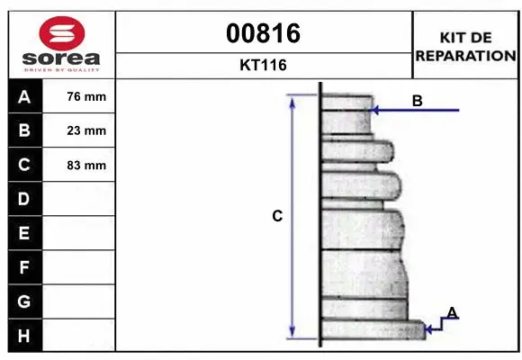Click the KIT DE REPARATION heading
point(464,46)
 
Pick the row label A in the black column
point(23,97)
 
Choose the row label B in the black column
point(23,130)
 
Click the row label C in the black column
point(23,165)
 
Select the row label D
point(23,199)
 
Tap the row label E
point(23,233)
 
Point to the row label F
point(23,267)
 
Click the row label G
point(23,301)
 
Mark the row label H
point(23,336)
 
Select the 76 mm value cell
point(86,97)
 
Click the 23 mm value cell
point(86,130)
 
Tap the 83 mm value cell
point(86,165)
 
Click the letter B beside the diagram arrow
point(417,101)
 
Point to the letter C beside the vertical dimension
point(278,216)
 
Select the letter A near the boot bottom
point(452,312)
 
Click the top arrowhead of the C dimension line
point(292,101)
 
